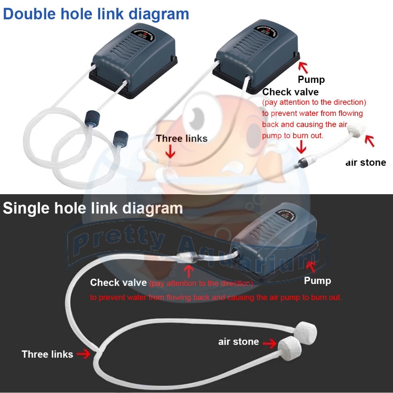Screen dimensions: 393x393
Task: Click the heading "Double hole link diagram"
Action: (x=96, y=14)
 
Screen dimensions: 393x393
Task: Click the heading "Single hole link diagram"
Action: (x=92, y=208)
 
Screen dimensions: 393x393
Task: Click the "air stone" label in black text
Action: (x=365, y=162)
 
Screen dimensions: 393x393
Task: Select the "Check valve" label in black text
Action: (x=290, y=92)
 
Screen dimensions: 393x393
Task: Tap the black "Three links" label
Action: (x=182, y=139)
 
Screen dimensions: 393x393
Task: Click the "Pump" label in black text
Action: (x=311, y=79)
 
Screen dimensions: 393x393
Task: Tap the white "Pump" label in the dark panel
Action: (x=317, y=281)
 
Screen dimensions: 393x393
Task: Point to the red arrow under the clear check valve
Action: (x=188, y=271)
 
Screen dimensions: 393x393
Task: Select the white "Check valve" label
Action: (x=118, y=283)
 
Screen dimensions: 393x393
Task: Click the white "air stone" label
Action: (x=238, y=342)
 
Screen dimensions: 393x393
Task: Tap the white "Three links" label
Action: (x=47, y=354)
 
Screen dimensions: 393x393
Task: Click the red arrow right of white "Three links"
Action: (x=83, y=354)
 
